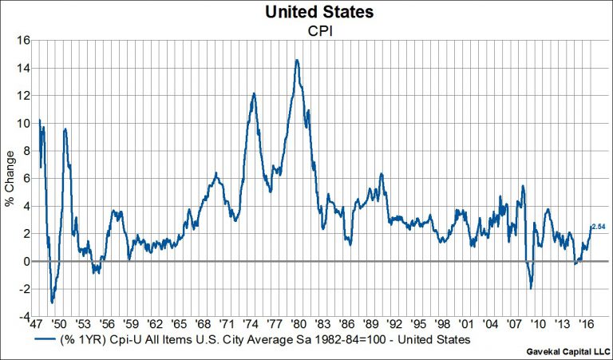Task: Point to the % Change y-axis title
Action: point(10,178)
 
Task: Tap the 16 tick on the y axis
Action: point(24,41)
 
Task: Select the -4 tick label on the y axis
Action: point(25,316)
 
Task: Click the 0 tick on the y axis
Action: point(27,261)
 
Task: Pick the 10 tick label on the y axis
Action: point(24,123)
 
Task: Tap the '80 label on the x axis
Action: point(298,326)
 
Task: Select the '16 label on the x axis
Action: point(587,326)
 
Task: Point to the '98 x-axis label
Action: point(443,326)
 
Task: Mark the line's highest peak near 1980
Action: point(297,60)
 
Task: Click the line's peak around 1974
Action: point(253,94)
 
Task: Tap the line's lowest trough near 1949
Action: point(52,302)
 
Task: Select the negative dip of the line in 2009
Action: point(531,288)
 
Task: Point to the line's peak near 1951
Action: point(65,129)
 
